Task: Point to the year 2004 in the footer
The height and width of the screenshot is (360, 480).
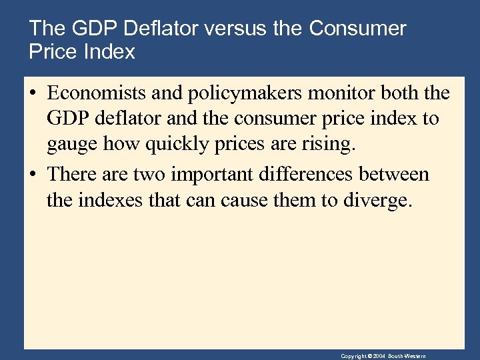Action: click(379, 356)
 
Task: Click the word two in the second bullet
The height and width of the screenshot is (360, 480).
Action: click(151, 175)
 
